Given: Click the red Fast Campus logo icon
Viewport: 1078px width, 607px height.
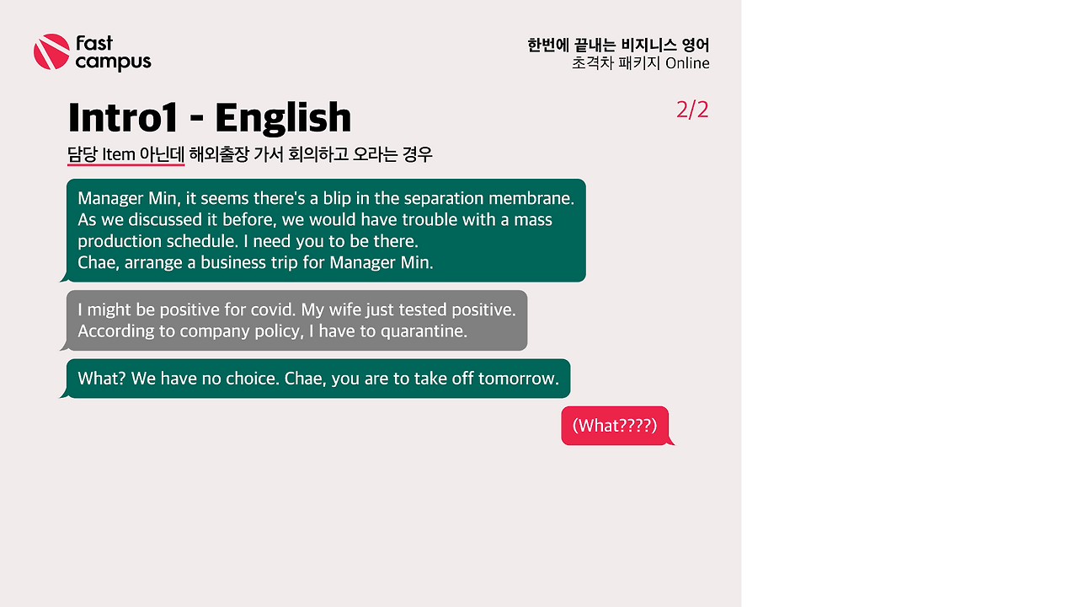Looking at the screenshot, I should point(51,52).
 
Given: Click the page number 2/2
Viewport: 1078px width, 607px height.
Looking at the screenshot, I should point(692,110).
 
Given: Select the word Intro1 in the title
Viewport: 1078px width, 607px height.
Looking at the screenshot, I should point(122,118).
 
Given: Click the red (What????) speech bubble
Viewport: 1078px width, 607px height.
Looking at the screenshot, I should point(615,426).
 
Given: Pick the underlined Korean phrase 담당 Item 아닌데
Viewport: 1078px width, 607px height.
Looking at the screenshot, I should point(125,155).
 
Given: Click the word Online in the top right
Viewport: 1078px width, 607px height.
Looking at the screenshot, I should point(687,63).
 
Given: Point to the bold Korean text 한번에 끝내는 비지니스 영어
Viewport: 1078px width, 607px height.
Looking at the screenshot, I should point(618,46).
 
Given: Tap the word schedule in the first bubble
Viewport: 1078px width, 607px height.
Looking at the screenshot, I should point(191,242).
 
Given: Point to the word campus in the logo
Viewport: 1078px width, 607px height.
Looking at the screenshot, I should point(113,62).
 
